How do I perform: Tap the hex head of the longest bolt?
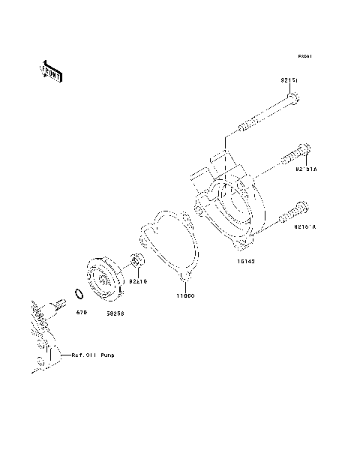(293, 97)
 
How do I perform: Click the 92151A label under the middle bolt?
(306, 170)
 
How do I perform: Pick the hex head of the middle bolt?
(304, 151)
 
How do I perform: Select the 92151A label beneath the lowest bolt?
(304, 226)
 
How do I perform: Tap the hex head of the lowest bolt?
(302, 208)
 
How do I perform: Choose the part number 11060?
(184, 297)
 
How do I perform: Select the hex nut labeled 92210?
(137, 261)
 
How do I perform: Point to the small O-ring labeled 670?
(78, 292)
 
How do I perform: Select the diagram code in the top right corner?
(304, 56)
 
